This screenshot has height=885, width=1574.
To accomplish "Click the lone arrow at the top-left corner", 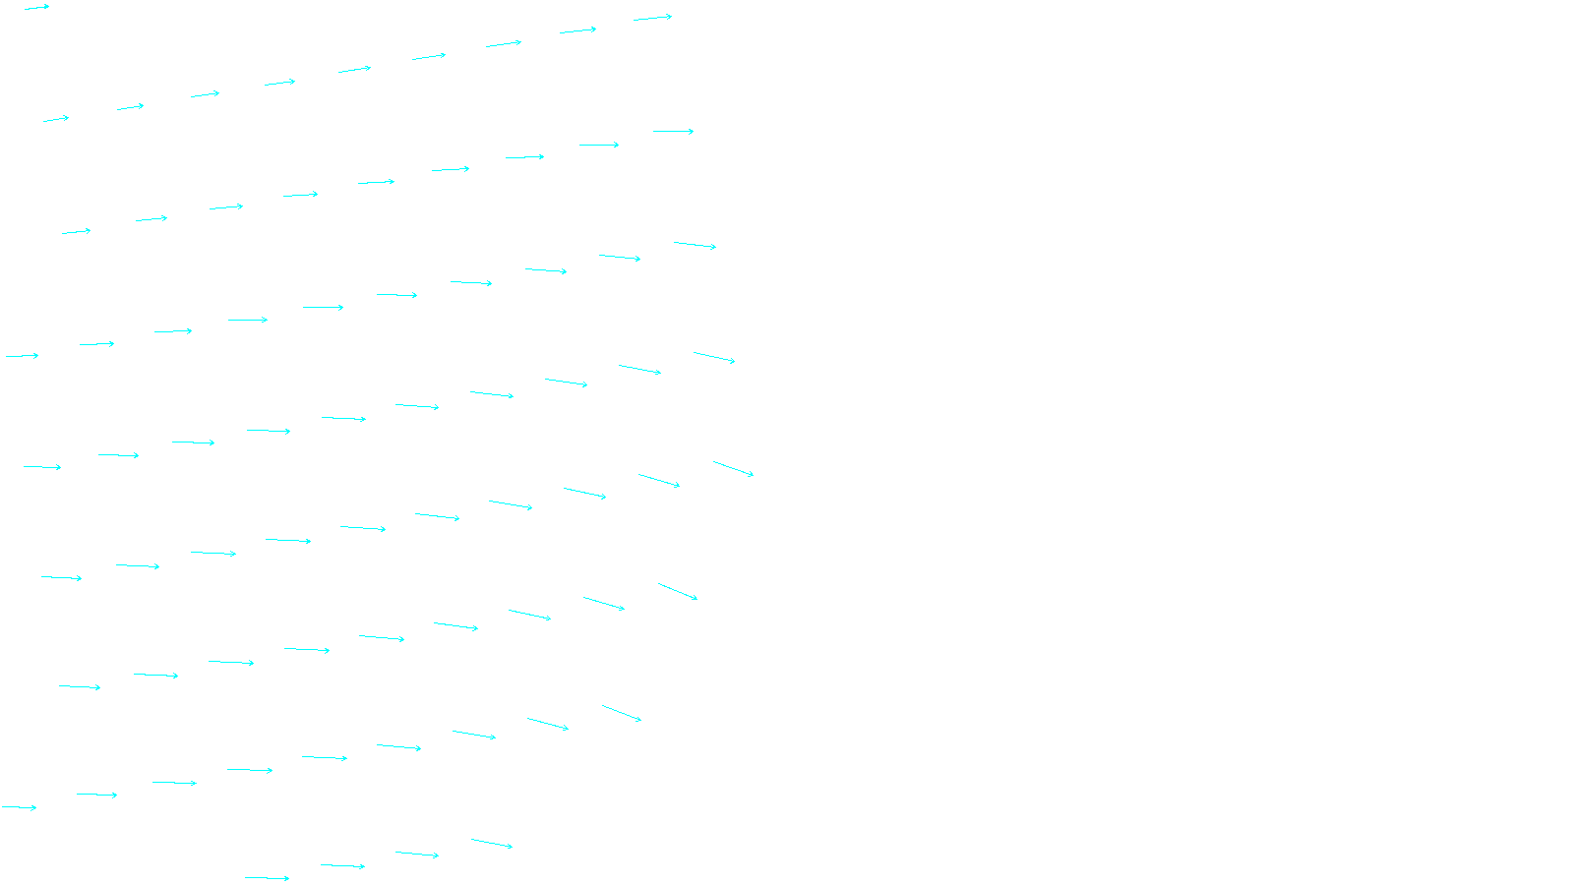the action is tap(37, 7).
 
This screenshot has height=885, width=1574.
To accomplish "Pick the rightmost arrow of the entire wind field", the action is tap(734, 468).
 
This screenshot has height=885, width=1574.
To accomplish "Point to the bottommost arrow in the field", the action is tap(267, 878).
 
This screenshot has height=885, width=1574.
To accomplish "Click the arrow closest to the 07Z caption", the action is tap(492, 843).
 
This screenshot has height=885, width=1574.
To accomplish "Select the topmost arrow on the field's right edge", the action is tap(653, 18).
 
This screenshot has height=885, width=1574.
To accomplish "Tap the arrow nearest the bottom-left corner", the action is tap(19, 807).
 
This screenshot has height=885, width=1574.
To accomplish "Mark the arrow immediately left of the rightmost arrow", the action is tap(659, 481).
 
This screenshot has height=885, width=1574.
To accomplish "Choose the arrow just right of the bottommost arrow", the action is tap(342, 865).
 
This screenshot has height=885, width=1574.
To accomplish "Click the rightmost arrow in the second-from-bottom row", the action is tap(622, 713).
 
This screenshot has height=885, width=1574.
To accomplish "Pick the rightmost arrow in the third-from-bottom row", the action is tap(678, 591).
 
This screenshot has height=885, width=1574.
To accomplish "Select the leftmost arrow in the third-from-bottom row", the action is tap(80, 686).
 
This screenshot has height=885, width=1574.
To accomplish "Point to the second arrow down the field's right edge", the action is tap(674, 131).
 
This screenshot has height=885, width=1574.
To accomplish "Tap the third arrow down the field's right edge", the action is tap(696, 245).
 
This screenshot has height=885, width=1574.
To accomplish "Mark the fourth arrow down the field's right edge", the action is tap(714, 357).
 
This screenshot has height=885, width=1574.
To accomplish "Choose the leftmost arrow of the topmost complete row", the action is tap(56, 119).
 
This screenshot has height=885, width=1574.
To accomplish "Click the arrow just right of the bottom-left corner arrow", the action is tap(97, 795).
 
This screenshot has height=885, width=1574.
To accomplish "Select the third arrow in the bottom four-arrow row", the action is tap(417, 854).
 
